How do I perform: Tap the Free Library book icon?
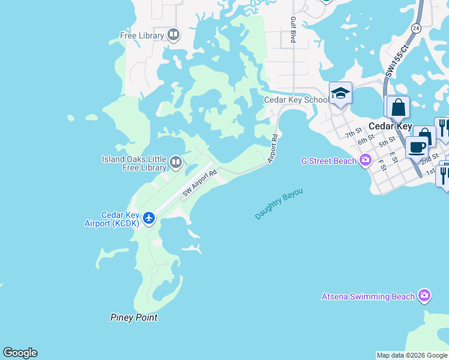click(x=173, y=35)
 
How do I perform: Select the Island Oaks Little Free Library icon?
click(x=176, y=162)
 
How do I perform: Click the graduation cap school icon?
click(x=340, y=92)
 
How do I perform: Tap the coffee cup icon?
click(x=416, y=146)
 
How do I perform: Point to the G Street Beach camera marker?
click(x=365, y=160)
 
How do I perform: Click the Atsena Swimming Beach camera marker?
click(x=424, y=296)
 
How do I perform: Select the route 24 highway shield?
click(x=416, y=28)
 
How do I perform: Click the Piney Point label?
click(x=134, y=317)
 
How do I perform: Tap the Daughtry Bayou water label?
click(x=279, y=204)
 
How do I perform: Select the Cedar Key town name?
click(x=390, y=127)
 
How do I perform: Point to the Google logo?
click(x=20, y=353)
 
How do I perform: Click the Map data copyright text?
click(x=412, y=355)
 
